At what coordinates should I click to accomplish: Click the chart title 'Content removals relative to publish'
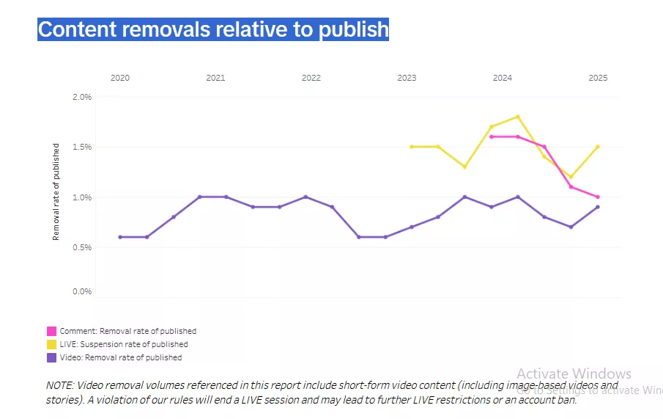pyautogui.click(x=213, y=29)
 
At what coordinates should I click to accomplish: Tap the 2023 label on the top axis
pyautogui.click(x=407, y=78)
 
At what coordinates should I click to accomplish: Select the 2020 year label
pyautogui.click(x=120, y=78)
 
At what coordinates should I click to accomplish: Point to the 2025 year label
pyautogui.click(x=598, y=78)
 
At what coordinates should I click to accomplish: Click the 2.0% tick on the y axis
pyautogui.click(x=82, y=97)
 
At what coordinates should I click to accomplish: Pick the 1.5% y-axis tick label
pyautogui.click(x=82, y=147)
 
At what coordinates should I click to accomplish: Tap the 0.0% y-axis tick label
pyautogui.click(x=82, y=291)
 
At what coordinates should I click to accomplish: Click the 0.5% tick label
pyautogui.click(x=82, y=247)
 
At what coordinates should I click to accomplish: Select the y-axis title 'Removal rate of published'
pyautogui.click(x=56, y=192)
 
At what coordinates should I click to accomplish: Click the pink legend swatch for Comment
pyautogui.click(x=51, y=331)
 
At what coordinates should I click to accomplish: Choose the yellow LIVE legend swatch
pyautogui.click(x=51, y=344)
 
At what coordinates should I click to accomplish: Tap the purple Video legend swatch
pyautogui.click(x=51, y=358)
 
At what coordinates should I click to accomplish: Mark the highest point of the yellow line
pyautogui.click(x=518, y=117)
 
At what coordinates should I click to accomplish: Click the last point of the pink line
pyautogui.click(x=598, y=197)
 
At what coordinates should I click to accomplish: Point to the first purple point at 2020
pyautogui.click(x=120, y=237)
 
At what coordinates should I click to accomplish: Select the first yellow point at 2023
pyautogui.click(x=412, y=147)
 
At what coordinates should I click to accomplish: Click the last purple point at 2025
pyautogui.click(x=598, y=207)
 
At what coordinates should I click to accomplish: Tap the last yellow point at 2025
pyautogui.click(x=598, y=147)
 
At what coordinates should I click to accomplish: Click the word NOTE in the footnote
pyautogui.click(x=59, y=385)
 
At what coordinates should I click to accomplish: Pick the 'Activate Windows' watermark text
pyautogui.click(x=574, y=374)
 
